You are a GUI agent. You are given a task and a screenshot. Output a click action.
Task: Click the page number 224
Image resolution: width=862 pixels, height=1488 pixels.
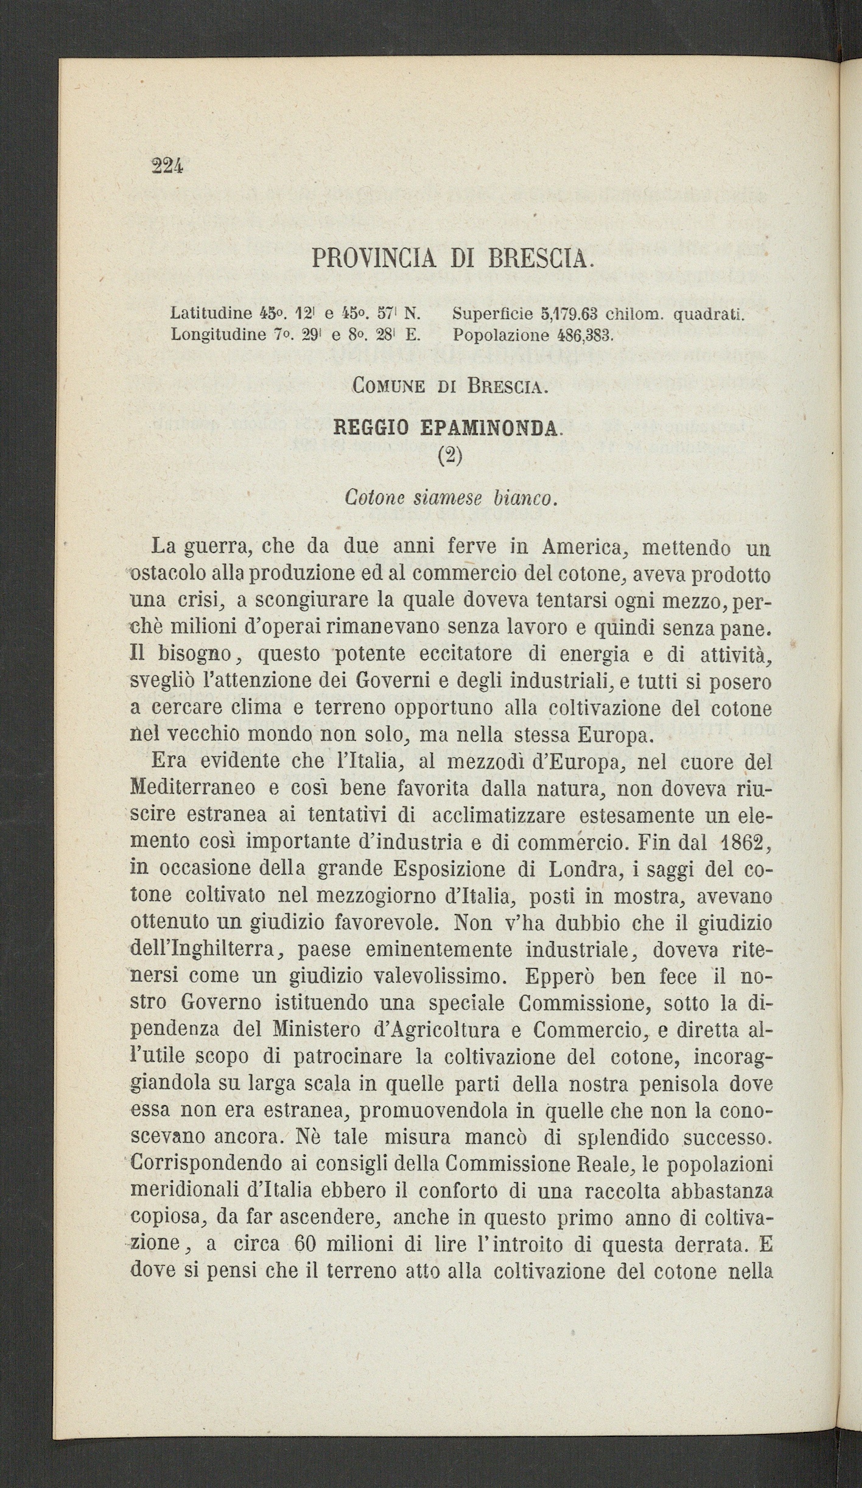tap(166, 165)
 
